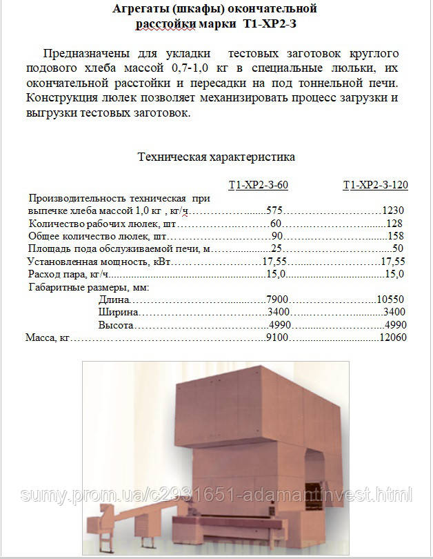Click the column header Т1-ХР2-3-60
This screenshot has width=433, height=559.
click(x=258, y=184)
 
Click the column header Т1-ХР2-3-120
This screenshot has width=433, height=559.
click(x=375, y=184)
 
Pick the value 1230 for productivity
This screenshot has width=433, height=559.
click(x=392, y=210)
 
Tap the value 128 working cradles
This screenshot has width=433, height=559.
click(x=394, y=224)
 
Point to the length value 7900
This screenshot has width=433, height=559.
click(x=276, y=300)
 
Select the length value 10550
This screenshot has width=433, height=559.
click(x=390, y=300)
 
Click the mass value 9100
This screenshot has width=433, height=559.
click(x=276, y=338)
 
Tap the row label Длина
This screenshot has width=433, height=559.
click(x=114, y=300)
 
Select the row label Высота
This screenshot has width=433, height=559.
click(x=116, y=325)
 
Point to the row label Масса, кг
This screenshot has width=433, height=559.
click(x=48, y=338)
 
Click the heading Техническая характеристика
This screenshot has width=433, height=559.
click(x=216, y=157)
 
